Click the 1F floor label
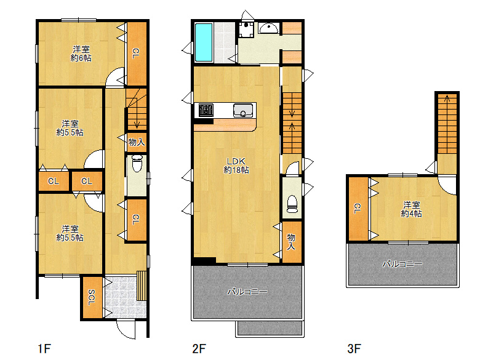coord(44,348)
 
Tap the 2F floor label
coord(199,348)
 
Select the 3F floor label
coord(354,348)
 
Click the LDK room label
coord(236,161)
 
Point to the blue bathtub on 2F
coord(204,42)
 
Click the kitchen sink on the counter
coord(243,110)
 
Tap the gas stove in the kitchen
coord(206,110)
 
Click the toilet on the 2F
coord(292,204)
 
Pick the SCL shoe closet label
coord(91,298)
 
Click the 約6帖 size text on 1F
coord(81,58)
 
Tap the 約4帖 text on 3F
coord(412,214)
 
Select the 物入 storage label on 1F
coord(137,142)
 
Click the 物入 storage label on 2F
coord(291,241)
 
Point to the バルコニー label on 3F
coord(402,263)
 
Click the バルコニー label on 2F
coord(247,292)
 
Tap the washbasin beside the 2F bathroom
coord(268,28)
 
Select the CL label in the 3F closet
coord(358,209)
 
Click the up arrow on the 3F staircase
coord(447,98)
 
